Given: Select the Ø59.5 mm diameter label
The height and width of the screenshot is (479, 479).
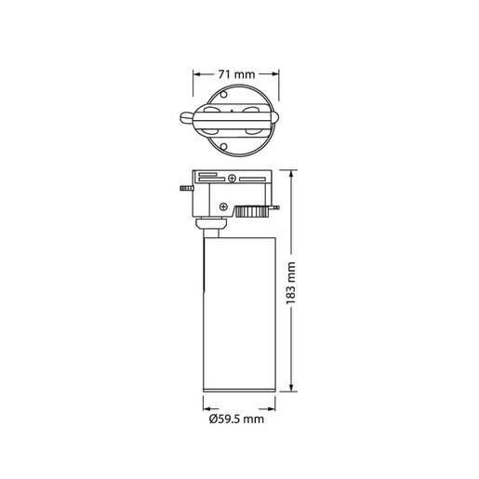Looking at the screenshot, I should click(x=238, y=419).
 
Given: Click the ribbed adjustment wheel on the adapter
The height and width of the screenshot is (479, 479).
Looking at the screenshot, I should click(x=251, y=210).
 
